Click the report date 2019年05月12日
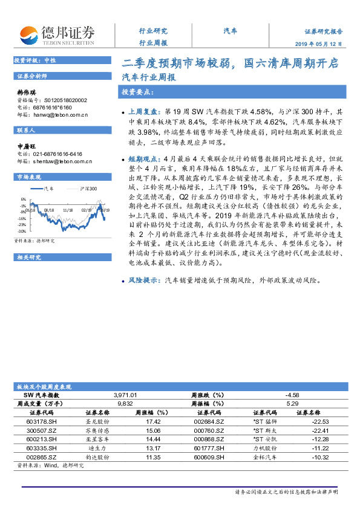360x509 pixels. tap(324, 44)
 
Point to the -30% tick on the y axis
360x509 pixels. tap(22, 231)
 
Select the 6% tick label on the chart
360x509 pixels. tap(23, 199)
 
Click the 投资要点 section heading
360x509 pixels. tap(137, 92)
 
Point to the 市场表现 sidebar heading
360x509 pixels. tap(30, 177)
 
